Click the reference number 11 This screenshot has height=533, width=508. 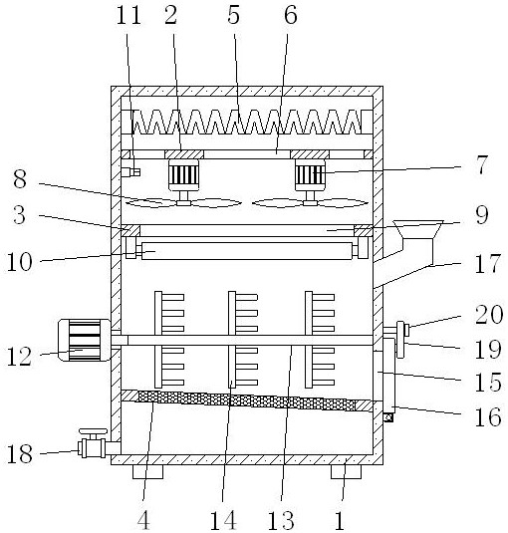(x=128, y=15)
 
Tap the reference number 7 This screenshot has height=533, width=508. (x=482, y=164)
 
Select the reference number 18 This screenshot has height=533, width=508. (x=20, y=454)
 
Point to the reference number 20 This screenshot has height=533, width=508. (x=489, y=315)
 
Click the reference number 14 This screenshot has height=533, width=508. (x=223, y=520)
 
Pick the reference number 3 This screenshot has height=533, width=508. (x=19, y=215)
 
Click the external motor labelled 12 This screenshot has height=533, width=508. (x=84, y=340)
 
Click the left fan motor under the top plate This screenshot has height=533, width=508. (x=184, y=175)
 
